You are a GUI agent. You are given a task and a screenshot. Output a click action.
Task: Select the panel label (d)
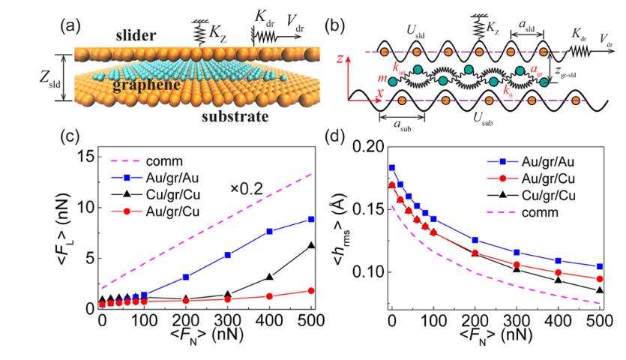(340, 138)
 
